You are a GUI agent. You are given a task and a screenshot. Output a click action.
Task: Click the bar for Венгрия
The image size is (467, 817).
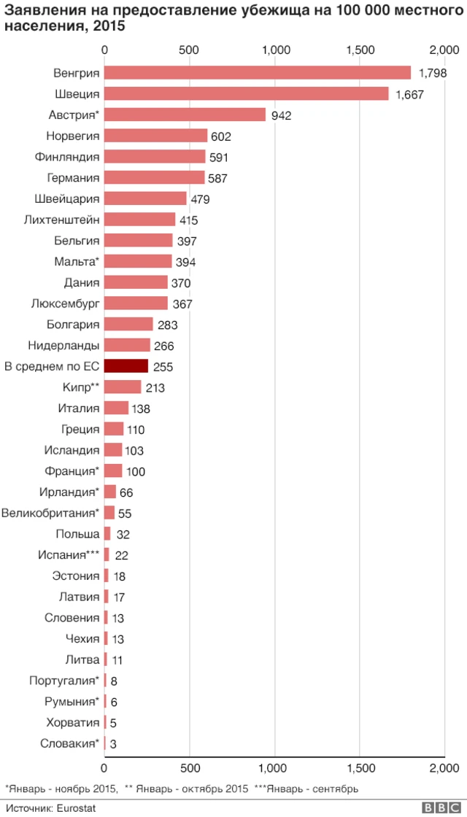[258, 73]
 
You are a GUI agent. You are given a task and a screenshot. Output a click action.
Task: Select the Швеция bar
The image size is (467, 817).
[247, 94]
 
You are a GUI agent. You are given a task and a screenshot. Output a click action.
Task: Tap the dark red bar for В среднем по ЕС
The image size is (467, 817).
[126, 366]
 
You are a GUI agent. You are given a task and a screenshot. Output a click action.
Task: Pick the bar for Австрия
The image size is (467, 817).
[185, 115]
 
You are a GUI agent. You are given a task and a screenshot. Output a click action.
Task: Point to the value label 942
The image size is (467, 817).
[281, 115]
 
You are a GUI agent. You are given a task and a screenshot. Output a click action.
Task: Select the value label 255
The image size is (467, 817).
[163, 367]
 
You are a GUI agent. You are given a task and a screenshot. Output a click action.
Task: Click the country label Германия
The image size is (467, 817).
[73, 178]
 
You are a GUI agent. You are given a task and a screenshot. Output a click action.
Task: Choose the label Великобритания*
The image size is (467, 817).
[50, 513]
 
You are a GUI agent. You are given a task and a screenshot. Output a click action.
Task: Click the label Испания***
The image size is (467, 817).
[69, 555]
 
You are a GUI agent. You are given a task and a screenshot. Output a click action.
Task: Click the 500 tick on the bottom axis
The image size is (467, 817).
[190, 767]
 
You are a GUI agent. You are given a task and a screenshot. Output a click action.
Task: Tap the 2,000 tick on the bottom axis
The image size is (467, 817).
[444, 767]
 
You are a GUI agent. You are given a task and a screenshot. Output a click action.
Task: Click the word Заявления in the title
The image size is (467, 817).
[39, 9]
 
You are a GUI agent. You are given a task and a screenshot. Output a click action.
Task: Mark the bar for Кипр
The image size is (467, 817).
[123, 387]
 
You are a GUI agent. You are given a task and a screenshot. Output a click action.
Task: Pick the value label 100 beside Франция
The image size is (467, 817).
[136, 471]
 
